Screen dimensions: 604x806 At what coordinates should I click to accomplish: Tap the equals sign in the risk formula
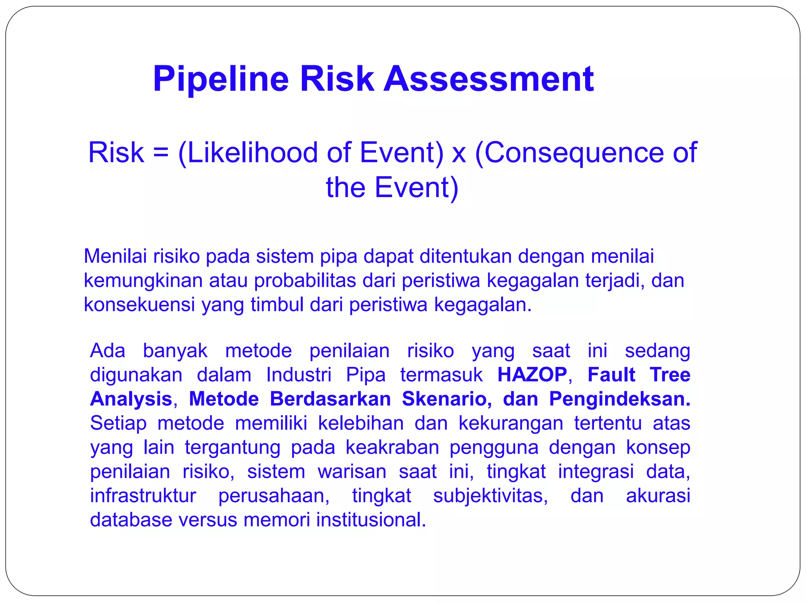point(161,153)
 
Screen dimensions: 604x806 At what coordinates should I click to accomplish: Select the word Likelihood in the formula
point(252,153)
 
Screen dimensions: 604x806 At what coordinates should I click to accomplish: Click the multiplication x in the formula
point(459,154)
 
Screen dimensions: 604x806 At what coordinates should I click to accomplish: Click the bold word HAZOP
point(532,374)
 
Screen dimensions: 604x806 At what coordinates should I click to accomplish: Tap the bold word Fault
point(611,374)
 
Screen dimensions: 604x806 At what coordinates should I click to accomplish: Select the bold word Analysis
point(131,399)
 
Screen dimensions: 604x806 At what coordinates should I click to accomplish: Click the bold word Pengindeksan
point(619,399)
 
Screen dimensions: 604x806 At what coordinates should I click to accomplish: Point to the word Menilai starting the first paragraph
point(115,256)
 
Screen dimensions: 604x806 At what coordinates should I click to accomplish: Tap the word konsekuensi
point(139,305)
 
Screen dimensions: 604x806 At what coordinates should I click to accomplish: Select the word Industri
point(299,374)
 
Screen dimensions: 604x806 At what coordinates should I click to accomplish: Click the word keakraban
point(392,447)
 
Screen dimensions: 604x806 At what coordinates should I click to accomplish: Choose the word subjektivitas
point(490,495)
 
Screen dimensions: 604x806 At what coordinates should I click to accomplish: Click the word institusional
point(371,520)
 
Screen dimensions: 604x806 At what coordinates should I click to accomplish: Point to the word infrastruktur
point(143,495)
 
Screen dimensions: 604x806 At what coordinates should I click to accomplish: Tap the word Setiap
point(118,423)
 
